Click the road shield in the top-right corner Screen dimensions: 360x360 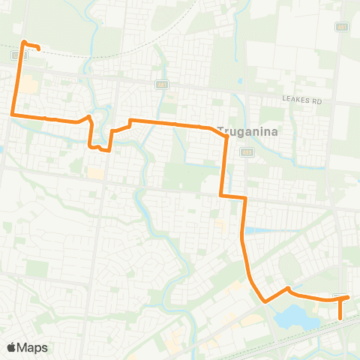[x=342, y=27]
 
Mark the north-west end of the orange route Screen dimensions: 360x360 [x=37, y=49]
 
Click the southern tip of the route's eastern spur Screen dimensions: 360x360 [x=341, y=318]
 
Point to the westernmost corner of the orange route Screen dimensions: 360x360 [x=12, y=114]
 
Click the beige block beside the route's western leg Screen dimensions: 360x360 [x=27, y=86]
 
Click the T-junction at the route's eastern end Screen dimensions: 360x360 [x=342, y=298]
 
